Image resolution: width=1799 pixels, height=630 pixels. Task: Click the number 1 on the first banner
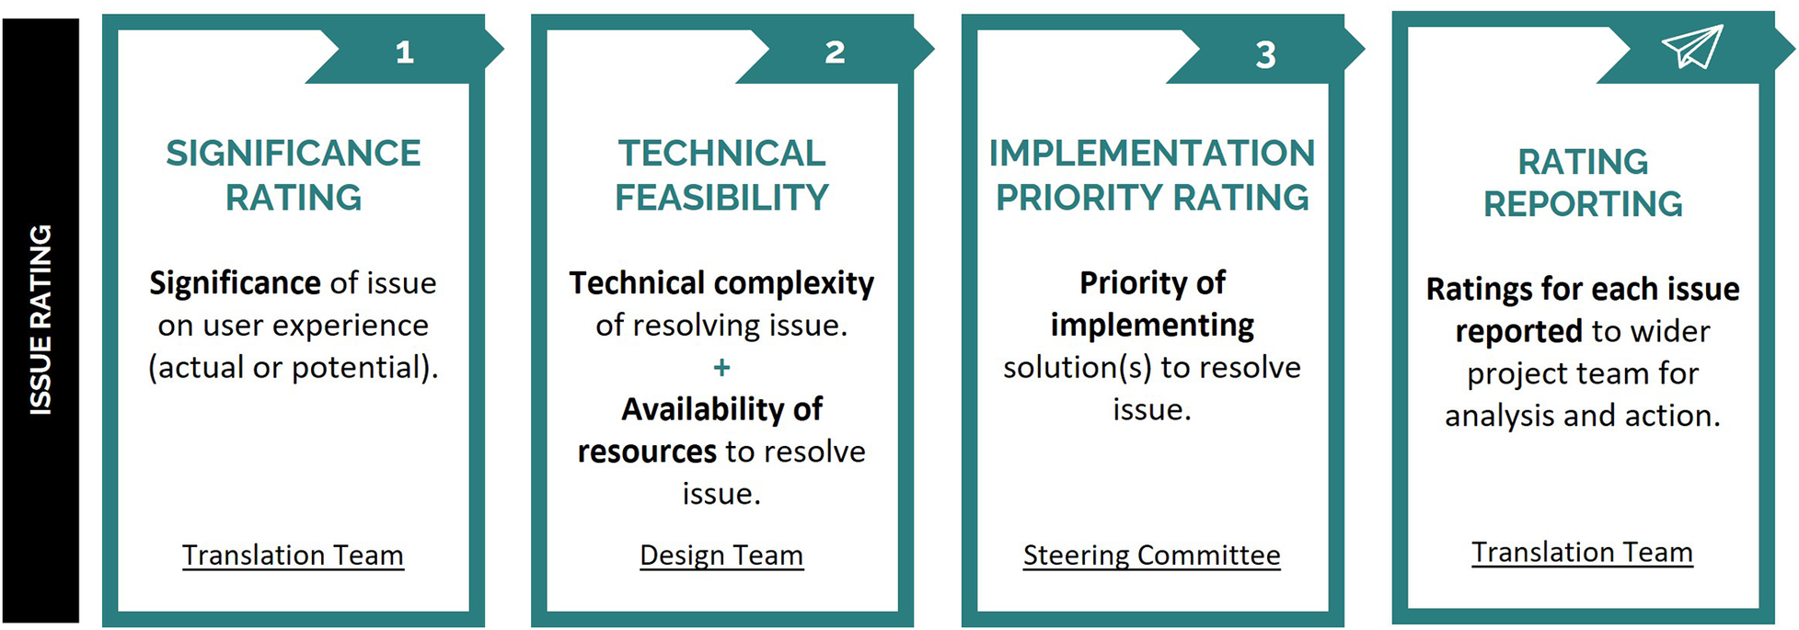click(405, 52)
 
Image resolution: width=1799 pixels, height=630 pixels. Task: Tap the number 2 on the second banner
click(835, 52)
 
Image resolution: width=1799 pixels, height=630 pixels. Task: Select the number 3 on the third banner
click(1266, 55)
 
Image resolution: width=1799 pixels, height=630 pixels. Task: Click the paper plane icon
click(1691, 46)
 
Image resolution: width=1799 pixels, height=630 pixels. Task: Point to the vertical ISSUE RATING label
click(40, 320)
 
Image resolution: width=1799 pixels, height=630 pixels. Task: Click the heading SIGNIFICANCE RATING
click(294, 175)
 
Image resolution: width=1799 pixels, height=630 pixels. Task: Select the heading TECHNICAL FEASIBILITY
click(721, 175)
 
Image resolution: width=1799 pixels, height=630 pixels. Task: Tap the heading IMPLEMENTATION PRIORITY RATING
click(1152, 175)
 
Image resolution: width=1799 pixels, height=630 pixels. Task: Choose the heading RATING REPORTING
click(1583, 182)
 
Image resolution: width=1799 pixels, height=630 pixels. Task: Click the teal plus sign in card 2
click(721, 368)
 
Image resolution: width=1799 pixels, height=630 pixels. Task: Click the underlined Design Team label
click(721, 556)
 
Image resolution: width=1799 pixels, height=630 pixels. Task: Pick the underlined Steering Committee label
click(1152, 556)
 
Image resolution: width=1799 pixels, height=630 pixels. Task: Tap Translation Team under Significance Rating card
click(293, 556)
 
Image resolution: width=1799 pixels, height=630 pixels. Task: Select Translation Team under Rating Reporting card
click(1583, 552)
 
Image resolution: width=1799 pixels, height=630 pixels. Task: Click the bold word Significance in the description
click(235, 283)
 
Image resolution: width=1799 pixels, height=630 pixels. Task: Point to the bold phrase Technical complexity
click(721, 283)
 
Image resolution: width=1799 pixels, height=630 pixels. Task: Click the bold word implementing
click(1152, 326)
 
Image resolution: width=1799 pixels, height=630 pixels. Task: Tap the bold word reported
click(1518, 331)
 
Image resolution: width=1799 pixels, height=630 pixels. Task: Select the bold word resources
click(647, 452)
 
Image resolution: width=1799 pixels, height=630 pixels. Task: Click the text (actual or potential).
click(294, 368)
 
